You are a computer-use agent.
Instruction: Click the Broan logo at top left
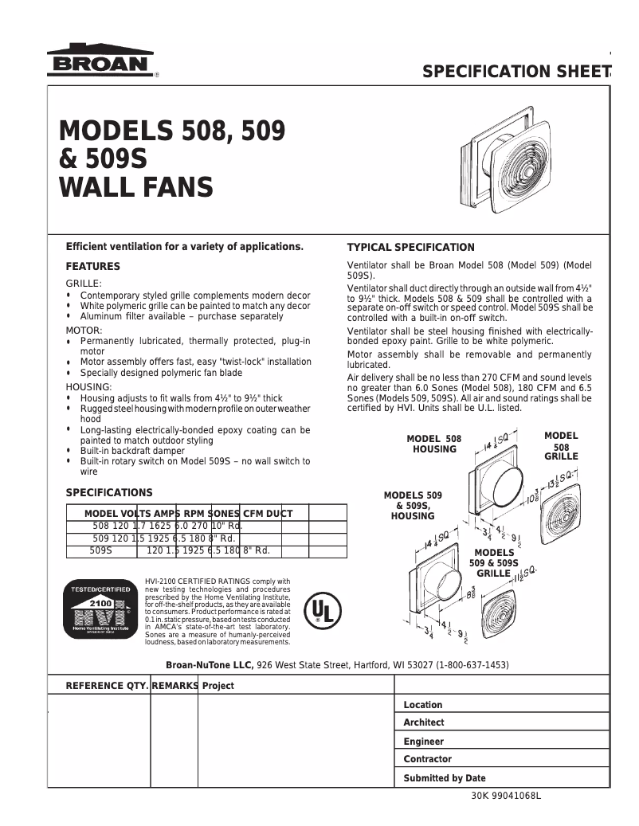click(x=100, y=60)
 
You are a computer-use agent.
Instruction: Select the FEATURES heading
click(x=92, y=266)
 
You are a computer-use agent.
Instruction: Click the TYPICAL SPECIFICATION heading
click(x=410, y=247)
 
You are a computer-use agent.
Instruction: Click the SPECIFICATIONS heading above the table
click(x=108, y=492)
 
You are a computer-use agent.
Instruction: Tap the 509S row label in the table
click(x=100, y=550)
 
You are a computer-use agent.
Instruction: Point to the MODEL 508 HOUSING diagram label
click(x=433, y=444)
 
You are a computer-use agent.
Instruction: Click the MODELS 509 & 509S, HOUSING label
click(x=412, y=506)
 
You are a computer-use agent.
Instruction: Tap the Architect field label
click(x=424, y=722)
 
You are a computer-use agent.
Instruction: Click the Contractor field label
click(x=427, y=759)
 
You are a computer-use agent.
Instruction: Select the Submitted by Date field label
click(x=444, y=778)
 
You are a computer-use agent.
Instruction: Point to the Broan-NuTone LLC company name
click(x=209, y=665)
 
